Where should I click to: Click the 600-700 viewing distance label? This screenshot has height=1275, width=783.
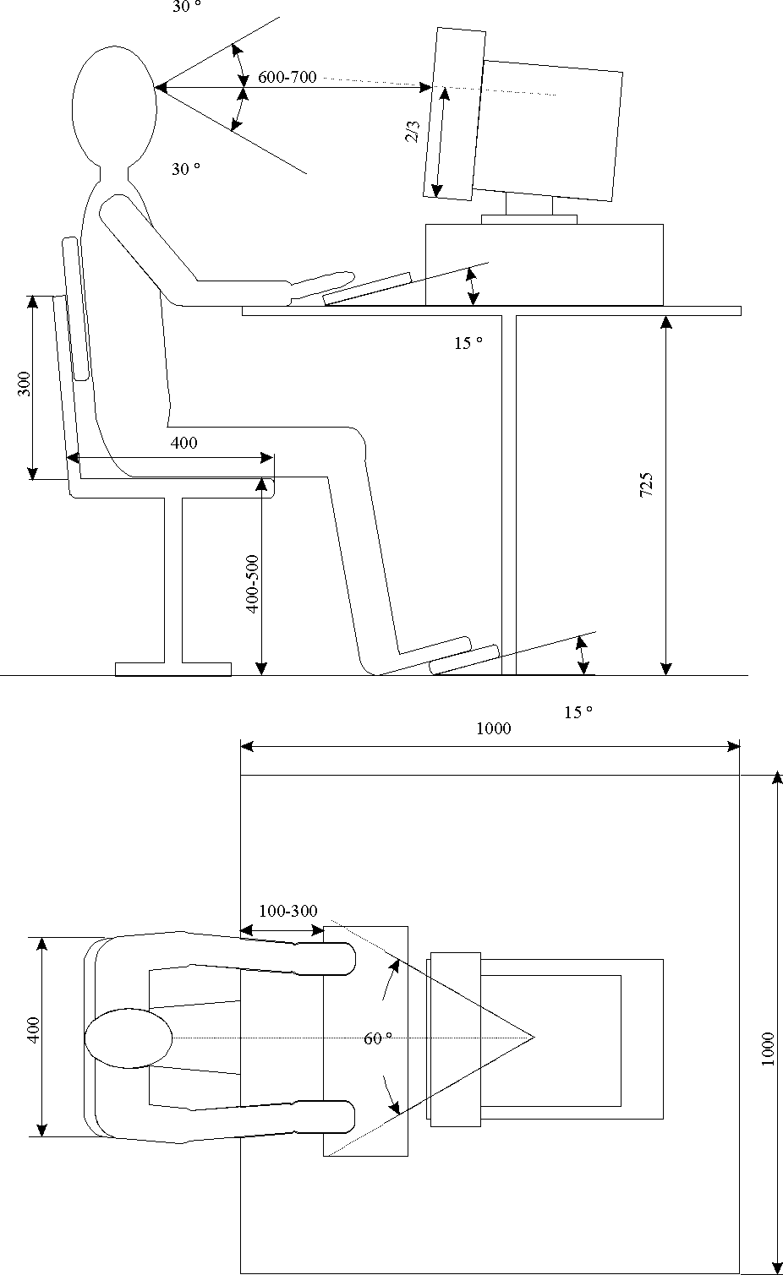[287, 78]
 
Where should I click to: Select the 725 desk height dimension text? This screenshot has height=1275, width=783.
[646, 485]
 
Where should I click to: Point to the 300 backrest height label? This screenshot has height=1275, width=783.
[25, 384]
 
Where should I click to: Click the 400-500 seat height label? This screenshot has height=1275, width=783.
[252, 583]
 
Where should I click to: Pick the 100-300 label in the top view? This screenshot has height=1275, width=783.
[288, 911]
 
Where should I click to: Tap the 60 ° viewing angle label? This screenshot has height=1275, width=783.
[378, 1038]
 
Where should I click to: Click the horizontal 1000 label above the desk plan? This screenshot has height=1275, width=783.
[493, 728]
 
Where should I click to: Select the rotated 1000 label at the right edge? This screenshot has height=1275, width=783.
[768, 1049]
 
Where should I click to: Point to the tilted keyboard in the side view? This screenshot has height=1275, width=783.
[368, 289]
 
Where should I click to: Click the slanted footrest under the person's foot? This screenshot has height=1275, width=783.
[463, 661]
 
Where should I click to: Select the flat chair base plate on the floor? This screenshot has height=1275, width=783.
[173, 669]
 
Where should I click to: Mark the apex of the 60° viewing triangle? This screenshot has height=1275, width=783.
[534, 1036]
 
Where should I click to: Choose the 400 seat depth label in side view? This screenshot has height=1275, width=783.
[183, 442]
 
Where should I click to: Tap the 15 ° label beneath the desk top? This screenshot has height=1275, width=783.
[468, 343]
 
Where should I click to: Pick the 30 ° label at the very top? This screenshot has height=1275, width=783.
[187, 8]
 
